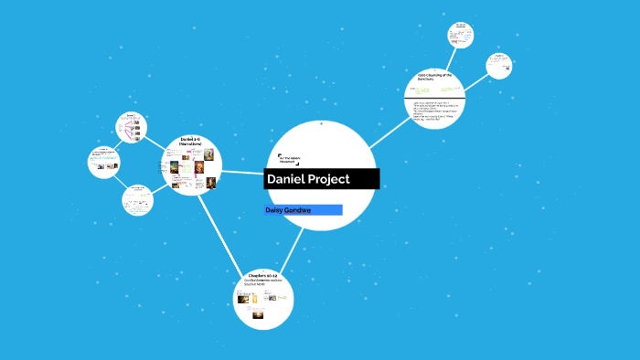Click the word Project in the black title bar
coord(332,179)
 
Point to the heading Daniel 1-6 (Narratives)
coord(191,141)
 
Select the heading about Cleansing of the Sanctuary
coord(435,78)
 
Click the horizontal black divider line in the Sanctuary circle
coord(435,96)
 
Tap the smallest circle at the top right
coord(461,35)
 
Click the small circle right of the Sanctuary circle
coord(498,66)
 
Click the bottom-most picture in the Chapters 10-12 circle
coord(259,316)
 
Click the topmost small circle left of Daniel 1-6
coord(132,127)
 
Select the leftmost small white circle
coord(103,163)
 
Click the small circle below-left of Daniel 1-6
coord(137,198)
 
